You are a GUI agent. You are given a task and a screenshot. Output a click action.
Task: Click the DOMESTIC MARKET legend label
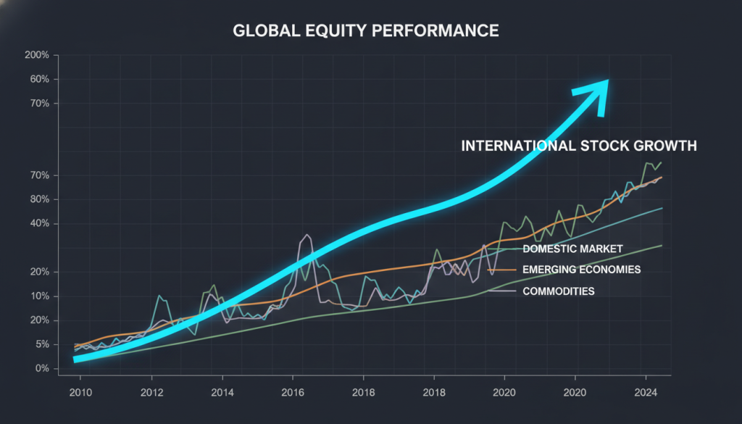572,249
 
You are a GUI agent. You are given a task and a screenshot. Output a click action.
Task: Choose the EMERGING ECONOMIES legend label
581,270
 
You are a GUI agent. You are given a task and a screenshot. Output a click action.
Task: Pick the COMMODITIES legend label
558,291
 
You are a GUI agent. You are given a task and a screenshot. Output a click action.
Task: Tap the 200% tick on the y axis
36,55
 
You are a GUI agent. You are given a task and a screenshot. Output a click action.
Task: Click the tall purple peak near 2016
307,236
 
